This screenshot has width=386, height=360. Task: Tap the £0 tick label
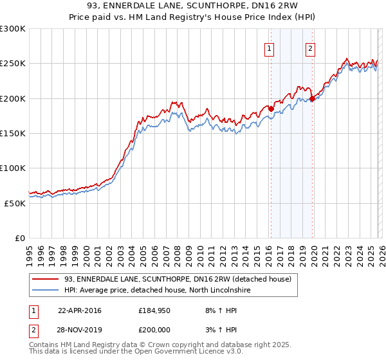pos(20,238)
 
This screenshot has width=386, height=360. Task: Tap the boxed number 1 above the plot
pos(269,49)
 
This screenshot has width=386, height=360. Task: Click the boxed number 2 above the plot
pos(310,49)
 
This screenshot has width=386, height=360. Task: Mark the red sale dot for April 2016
pos(271,109)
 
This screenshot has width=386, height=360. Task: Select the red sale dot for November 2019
pos(312,98)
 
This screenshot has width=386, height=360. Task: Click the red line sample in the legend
pos(46,279)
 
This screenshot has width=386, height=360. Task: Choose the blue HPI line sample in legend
pos(46,291)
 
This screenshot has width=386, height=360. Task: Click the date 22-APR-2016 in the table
pos(80,310)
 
